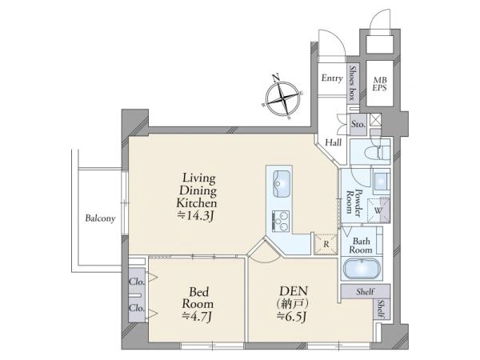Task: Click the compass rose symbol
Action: [x=283, y=98]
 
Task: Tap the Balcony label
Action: [x=100, y=218]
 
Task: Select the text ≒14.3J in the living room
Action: [x=195, y=216]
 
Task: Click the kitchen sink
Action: [x=282, y=184]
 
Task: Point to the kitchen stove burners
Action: [x=281, y=221]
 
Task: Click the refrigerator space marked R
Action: [x=326, y=244]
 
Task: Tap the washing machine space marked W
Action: [x=378, y=210]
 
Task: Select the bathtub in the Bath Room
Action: [x=362, y=269]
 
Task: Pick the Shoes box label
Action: [x=353, y=82]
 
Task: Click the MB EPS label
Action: [x=380, y=83]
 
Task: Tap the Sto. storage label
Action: [x=358, y=124]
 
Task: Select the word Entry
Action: [x=332, y=78]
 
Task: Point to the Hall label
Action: [x=334, y=142]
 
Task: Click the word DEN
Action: [x=294, y=290]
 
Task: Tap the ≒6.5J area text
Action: [x=291, y=317]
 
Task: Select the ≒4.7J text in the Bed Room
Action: [x=197, y=317]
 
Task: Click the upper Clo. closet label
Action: [x=137, y=282]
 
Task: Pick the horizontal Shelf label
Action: [x=365, y=291]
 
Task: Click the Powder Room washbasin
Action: [x=381, y=181]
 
